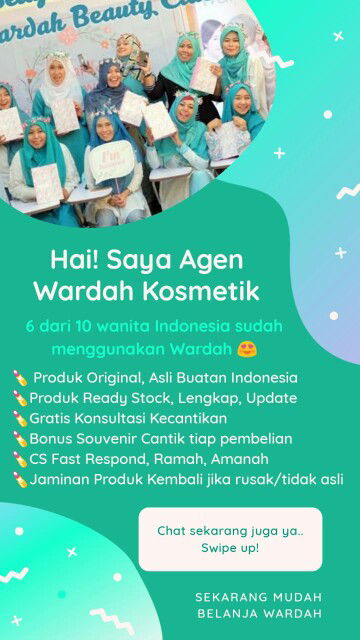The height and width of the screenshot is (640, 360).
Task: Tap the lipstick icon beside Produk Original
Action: (20, 378)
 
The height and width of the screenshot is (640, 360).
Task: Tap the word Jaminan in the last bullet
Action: (59, 479)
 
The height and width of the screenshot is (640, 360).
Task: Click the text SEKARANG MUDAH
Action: (257, 596)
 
